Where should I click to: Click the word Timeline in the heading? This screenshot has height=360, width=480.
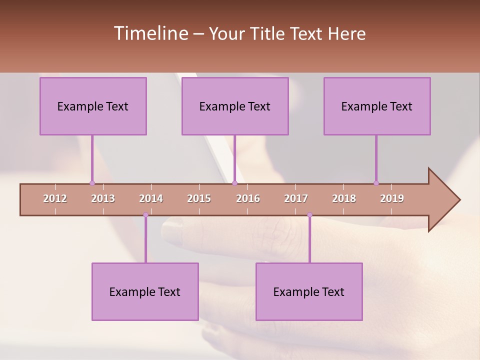click(151, 33)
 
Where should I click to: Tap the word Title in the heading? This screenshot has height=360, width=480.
click(268, 33)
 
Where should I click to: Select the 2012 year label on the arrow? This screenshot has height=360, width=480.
click(55, 198)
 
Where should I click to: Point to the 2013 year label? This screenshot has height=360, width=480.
click(103, 198)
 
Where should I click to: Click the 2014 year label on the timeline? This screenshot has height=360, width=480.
click(151, 198)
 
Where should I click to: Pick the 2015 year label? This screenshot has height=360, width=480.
click(199, 198)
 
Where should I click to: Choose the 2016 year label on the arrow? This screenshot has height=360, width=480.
click(248, 198)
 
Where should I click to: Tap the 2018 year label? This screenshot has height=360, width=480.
click(344, 198)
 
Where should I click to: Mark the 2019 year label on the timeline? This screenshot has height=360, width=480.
click(392, 198)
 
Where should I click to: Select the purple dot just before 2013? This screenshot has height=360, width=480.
click(92, 183)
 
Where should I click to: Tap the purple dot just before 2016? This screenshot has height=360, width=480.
click(234, 183)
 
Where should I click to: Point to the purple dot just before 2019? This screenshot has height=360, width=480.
click(376, 183)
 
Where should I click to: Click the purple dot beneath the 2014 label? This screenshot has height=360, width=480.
click(145, 215)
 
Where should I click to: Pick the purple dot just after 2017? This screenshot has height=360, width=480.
click(309, 215)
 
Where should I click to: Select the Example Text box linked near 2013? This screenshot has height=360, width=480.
click(93, 106)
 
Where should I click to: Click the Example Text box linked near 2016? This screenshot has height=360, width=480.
click(235, 106)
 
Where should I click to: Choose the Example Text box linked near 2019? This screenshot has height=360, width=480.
click(377, 106)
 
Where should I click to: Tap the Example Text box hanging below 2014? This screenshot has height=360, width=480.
click(145, 291)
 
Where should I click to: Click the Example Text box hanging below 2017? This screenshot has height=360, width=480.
click(309, 291)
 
